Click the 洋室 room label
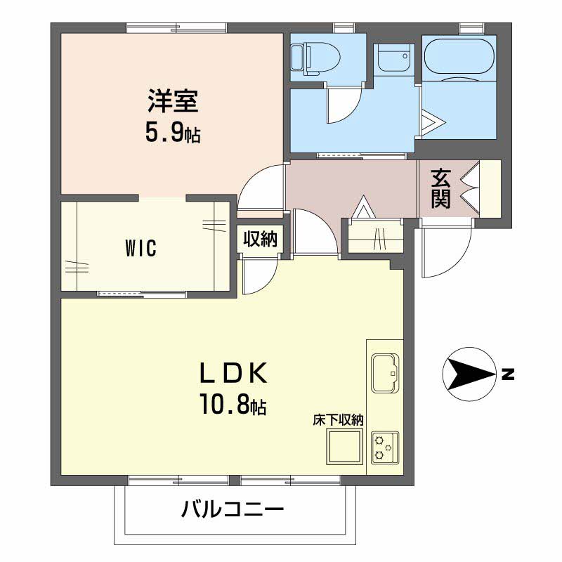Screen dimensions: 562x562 pos(173,101)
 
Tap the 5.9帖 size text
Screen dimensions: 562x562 pos(173,133)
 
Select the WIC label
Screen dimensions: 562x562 pos(141,248)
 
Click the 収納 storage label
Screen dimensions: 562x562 pos(260,239)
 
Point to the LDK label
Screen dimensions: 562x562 pos(233,373)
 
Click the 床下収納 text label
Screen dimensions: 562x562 pos(338,420)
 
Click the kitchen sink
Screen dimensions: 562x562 pos(385,373)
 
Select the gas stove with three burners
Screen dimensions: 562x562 pos(385,448)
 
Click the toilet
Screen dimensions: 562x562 pos(315,59)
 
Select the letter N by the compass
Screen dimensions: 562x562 pos(507,374)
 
